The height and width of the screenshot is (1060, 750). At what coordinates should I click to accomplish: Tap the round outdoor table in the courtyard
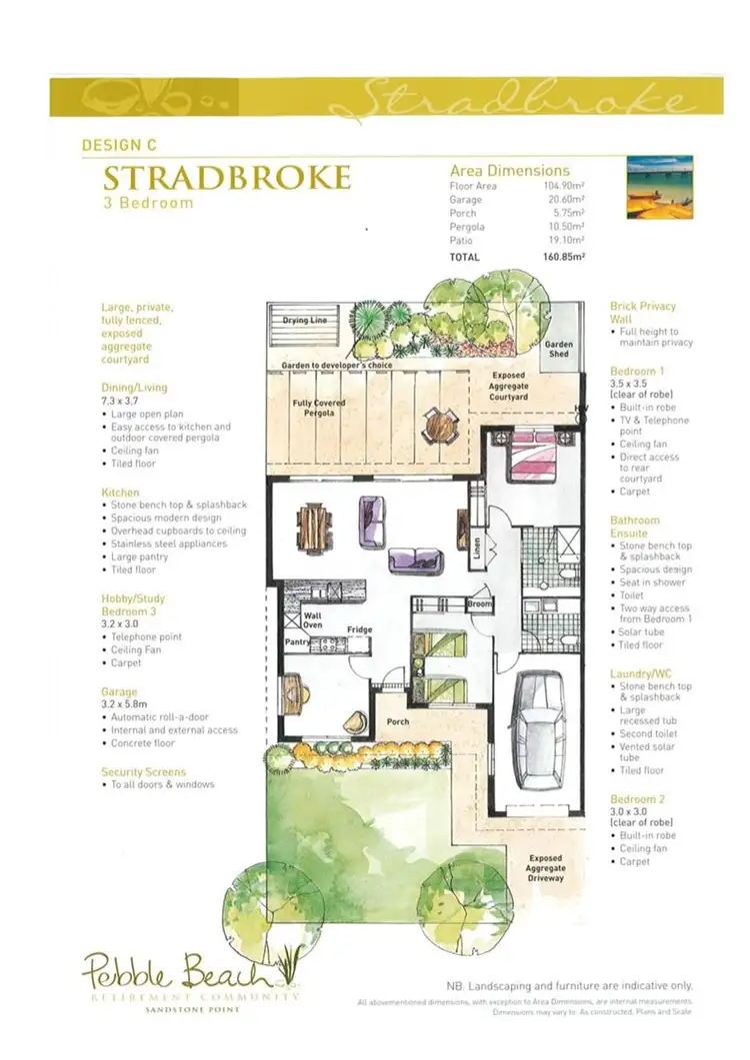click(x=437, y=427)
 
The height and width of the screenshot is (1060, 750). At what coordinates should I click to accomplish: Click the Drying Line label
click(x=304, y=321)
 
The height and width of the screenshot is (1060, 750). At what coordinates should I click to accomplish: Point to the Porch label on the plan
click(x=398, y=722)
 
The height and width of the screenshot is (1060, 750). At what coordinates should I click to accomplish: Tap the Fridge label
click(x=360, y=629)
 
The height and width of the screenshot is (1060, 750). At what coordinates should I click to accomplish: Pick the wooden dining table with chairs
click(x=313, y=521)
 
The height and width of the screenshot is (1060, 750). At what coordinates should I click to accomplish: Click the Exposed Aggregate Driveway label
click(x=546, y=867)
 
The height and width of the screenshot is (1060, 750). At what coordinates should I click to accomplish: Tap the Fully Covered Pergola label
click(x=318, y=409)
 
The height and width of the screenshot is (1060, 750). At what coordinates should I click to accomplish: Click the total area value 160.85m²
click(x=563, y=257)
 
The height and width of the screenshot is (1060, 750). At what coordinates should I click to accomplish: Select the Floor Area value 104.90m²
click(x=563, y=186)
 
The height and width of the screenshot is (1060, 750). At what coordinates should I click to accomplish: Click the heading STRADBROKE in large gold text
click(x=227, y=179)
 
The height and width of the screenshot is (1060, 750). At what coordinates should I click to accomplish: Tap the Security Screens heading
click(x=145, y=772)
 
